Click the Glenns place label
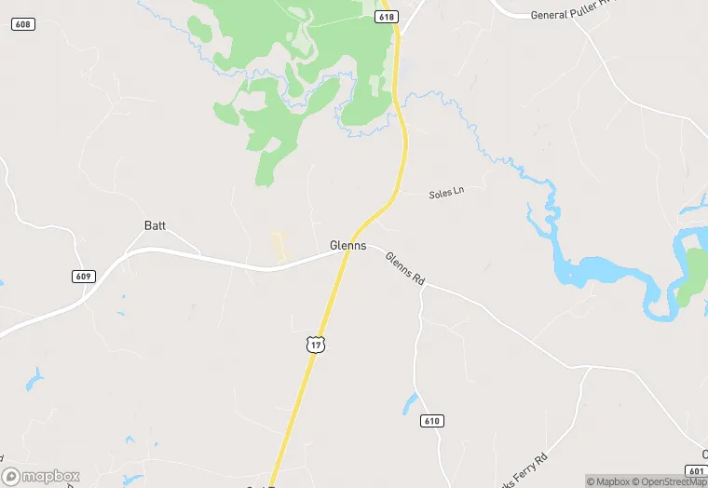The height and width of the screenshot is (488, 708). coord(347,246)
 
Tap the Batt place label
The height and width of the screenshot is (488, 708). coord(155,225)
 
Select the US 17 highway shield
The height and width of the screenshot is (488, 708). coord(316,345)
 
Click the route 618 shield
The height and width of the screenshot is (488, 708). coord(388,18)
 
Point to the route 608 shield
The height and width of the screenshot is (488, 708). coord(24,23)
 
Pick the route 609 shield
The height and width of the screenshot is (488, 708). coord(82,277)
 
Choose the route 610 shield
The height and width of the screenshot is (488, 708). coord(431,421)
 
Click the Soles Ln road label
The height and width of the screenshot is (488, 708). coord(445,193)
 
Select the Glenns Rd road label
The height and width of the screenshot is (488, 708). coord(405,267)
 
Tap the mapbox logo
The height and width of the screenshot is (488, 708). coord(41,476)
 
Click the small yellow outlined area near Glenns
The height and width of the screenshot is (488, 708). coord(278,246)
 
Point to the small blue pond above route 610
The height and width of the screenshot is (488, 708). coord(411,402)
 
